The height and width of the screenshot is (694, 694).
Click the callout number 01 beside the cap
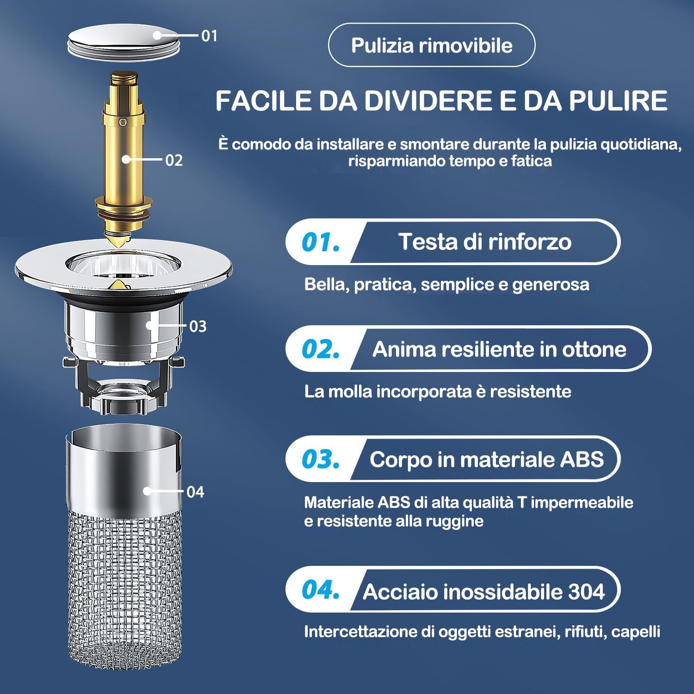click(209, 36)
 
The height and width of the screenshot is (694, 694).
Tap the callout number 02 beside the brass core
click(174, 160)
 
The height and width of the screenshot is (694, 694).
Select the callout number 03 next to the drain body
click(198, 326)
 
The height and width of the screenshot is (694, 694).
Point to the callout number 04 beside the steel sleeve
click(195, 492)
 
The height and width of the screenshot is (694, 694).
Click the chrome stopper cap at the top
click(123, 41)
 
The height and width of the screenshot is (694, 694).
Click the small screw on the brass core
click(123, 123)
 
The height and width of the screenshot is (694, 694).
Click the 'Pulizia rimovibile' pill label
click(431, 45)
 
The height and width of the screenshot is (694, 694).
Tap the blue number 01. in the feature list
click(320, 242)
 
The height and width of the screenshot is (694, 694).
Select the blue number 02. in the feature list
click(320, 349)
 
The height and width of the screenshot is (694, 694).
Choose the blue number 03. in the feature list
click(320, 459)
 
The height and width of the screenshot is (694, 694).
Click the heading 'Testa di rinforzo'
click(484, 242)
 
